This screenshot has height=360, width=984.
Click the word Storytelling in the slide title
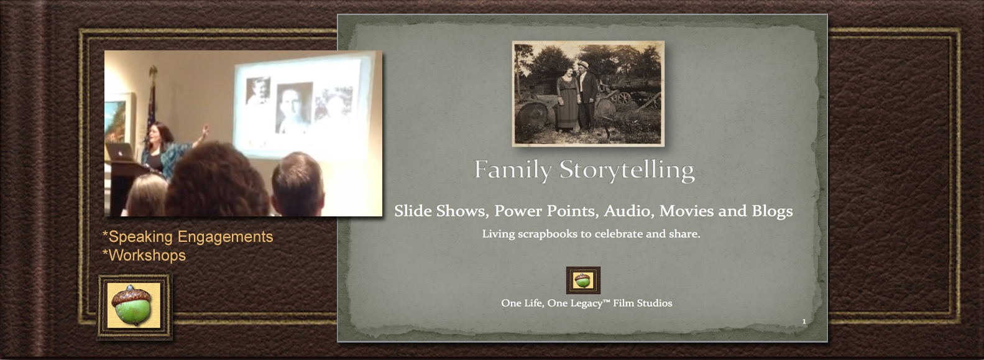(x=627, y=170)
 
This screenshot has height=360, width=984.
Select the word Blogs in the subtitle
(x=772, y=211)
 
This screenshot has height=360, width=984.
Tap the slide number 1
(x=804, y=321)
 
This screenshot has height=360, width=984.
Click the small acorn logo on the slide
(x=583, y=280)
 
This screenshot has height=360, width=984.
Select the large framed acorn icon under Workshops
(x=134, y=307)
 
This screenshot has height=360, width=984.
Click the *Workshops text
(x=144, y=256)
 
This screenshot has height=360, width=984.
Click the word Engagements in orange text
(x=226, y=237)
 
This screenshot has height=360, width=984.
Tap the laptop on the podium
(x=119, y=152)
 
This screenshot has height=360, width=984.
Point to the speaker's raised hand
(x=204, y=131)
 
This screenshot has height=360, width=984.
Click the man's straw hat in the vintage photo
(x=583, y=65)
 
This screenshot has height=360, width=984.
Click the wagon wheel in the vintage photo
(x=623, y=98)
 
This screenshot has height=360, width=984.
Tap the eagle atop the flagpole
(x=153, y=72)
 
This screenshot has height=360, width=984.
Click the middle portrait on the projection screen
(x=294, y=107)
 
